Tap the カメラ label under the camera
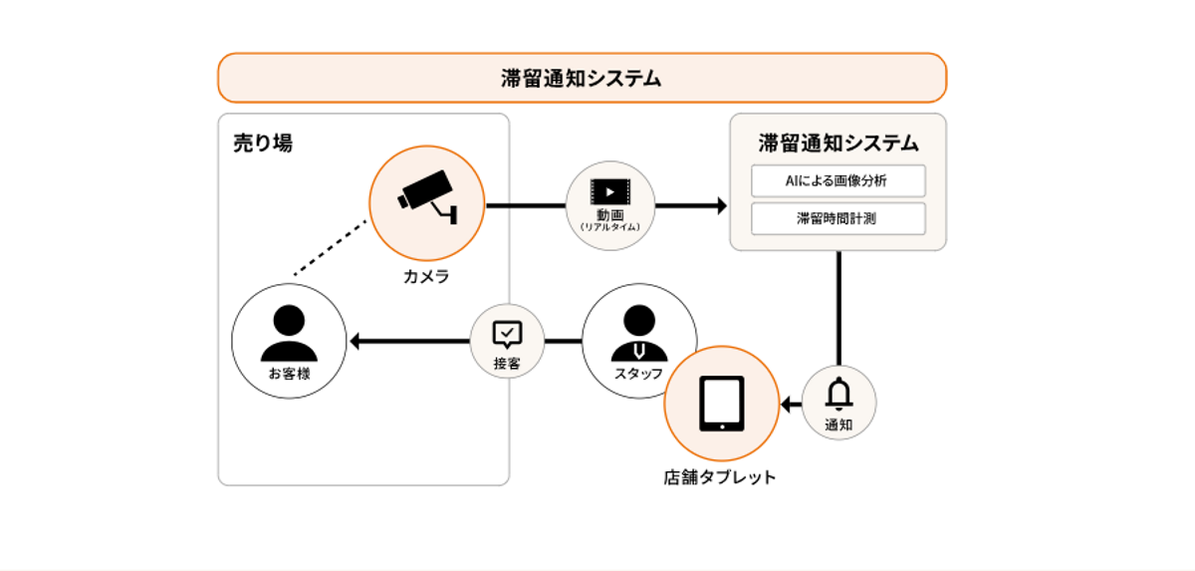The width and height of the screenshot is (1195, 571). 426,277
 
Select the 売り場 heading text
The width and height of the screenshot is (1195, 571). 263,143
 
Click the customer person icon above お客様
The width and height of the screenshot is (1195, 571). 289,333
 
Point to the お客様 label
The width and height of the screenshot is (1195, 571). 289,375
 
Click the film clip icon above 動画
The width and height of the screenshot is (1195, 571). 609,190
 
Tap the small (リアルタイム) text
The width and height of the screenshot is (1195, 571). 609,228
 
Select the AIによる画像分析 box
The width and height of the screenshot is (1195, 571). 837,181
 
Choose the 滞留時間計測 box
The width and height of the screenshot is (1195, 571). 837,218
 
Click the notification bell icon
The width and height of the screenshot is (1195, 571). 839,395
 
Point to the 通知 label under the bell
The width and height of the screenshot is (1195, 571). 839,425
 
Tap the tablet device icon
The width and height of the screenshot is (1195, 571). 722,404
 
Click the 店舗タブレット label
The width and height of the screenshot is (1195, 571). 720,477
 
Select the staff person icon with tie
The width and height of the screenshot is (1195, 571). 638,333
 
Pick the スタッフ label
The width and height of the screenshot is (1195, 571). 638,374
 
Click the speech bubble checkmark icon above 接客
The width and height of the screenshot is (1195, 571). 507,333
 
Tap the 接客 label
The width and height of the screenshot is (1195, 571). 507,364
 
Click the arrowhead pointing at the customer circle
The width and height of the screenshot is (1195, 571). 356,342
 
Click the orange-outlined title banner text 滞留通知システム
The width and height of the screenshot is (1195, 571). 582,79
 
